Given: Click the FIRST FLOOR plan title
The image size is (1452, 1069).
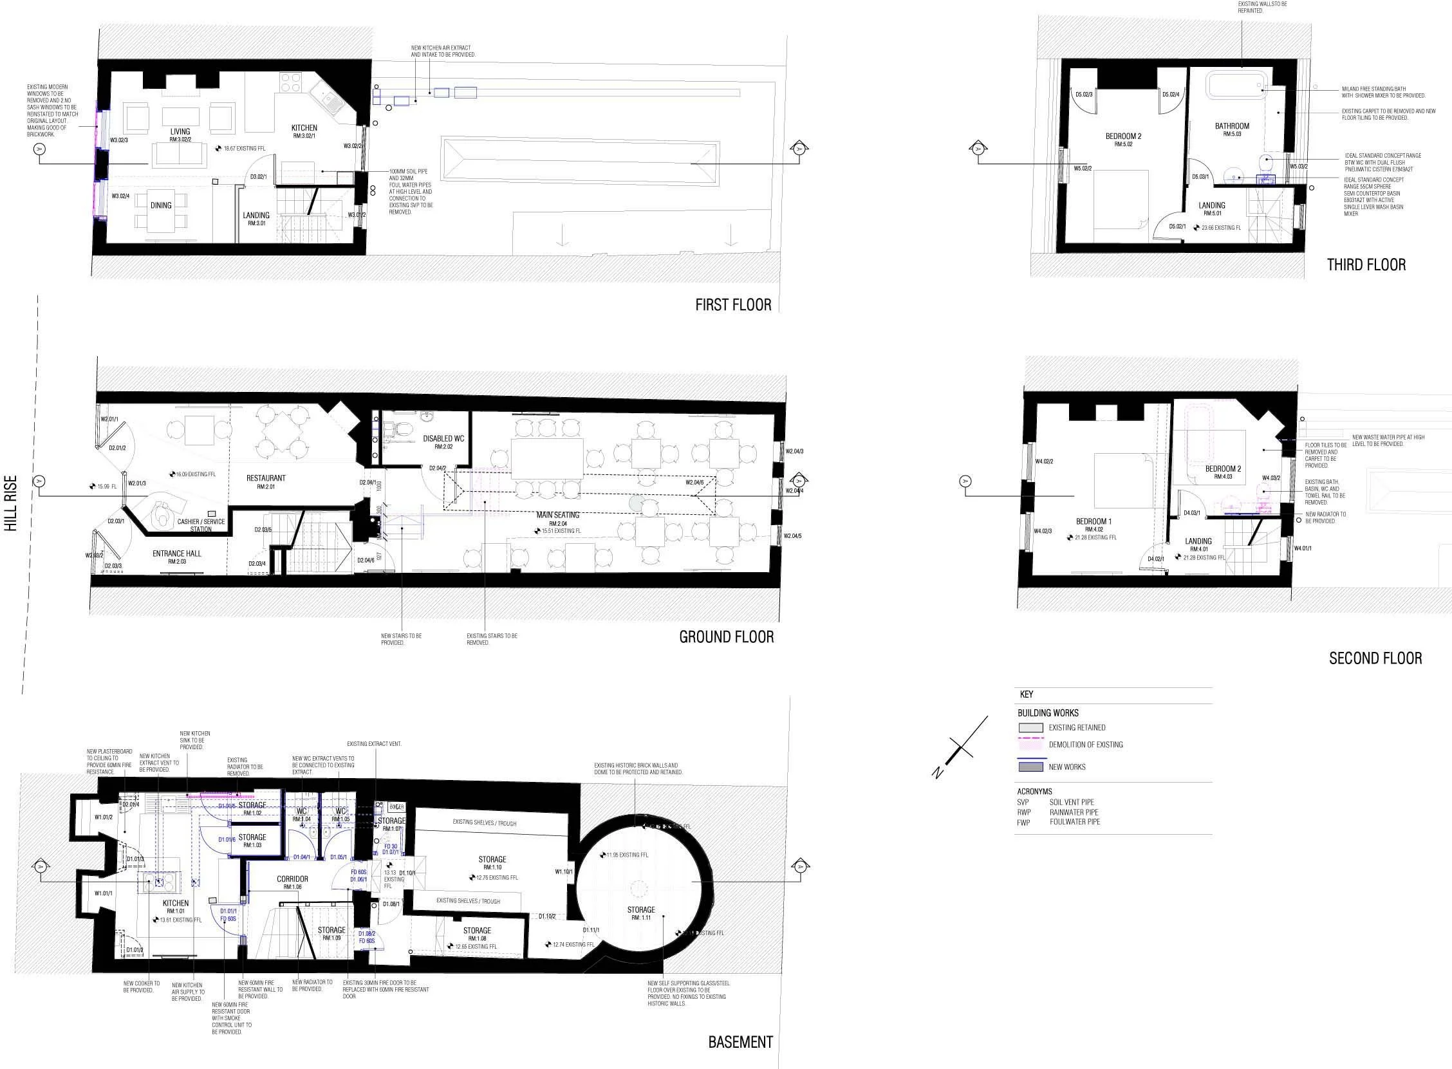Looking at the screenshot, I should coord(733,305).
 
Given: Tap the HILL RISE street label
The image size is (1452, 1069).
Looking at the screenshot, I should coord(11,504).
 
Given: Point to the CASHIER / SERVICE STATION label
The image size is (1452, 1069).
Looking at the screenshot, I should coord(201,525).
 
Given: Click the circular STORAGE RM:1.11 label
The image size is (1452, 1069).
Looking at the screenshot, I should coord(640,913).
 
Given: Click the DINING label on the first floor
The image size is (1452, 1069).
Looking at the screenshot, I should coord(161,206).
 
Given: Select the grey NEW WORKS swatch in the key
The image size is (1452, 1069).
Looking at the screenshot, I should coord(1031,767).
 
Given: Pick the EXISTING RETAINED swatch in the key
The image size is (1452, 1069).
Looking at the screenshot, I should coord(1031,727).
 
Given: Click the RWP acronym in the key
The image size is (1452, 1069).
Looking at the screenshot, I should coord(1023,812).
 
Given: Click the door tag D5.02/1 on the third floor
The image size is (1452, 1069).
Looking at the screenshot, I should coord(1177,227).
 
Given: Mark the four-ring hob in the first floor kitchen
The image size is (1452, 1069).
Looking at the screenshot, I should coord(290,82).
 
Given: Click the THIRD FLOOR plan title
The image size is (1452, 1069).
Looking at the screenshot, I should coord(1366,265).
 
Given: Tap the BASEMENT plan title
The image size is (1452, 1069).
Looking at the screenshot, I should coord(740,1043).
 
